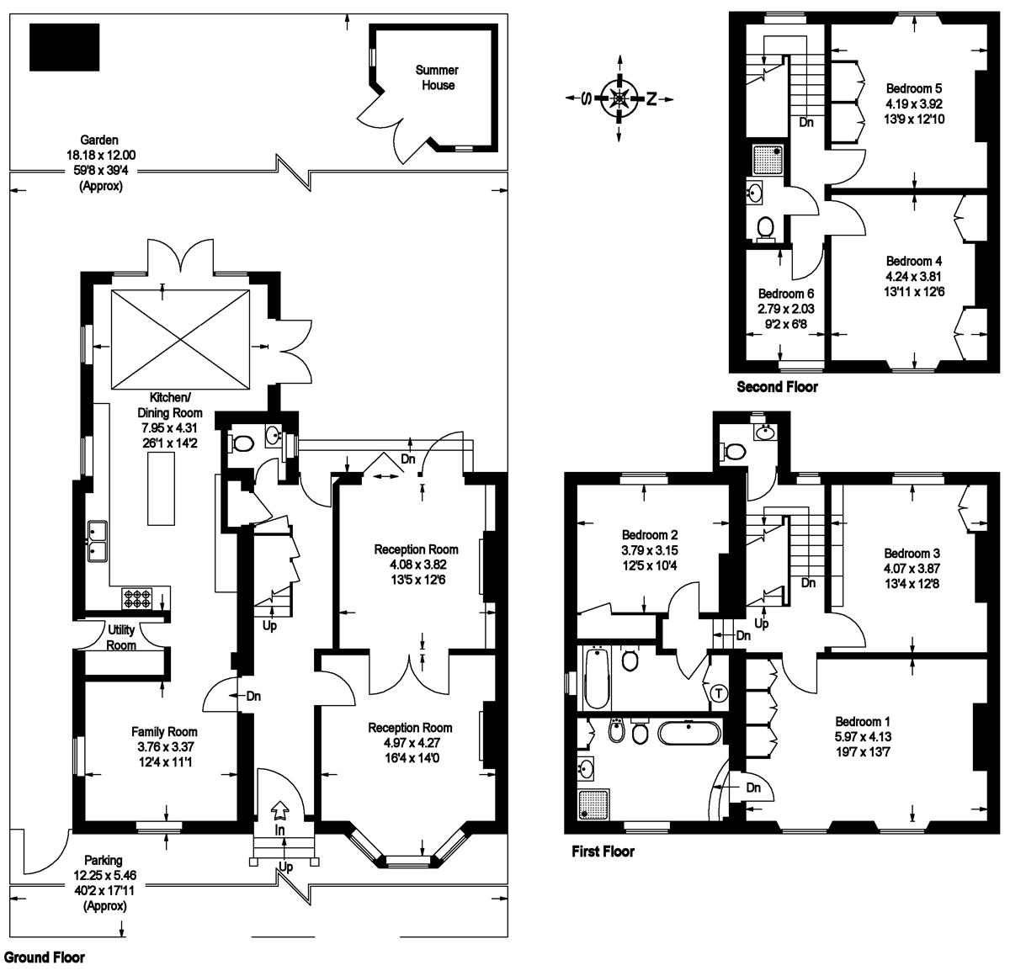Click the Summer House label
(x=437, y=77)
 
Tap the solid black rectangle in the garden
(x=64, y=47)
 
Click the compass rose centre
(x=619, y=98)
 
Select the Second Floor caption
(x=777, y=386)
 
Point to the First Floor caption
(x=603, y=851)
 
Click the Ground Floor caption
(x=44, y=957)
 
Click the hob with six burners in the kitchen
(x=137, y=598)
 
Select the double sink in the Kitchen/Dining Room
(x=97, y=542)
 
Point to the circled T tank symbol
(x=718, y=692)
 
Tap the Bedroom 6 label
(x=786, y=294)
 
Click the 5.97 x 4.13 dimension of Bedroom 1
(x=863, y=736)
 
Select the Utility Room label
(x=121, y=637)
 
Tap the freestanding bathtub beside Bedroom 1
(x=689, y=734)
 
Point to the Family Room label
(x=164, y=732)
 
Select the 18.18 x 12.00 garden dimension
(x=101, y=155)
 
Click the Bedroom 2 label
(x=650, y=534)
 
